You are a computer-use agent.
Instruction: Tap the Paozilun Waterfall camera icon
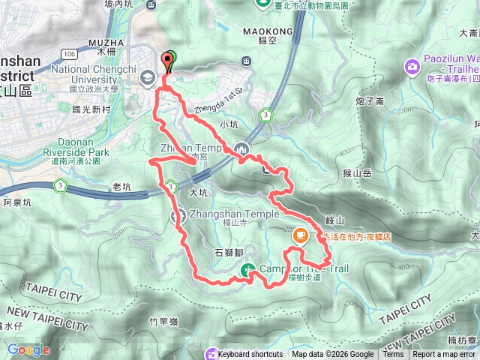tap(412, 68)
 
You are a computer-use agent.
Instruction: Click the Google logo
tap(28, 349)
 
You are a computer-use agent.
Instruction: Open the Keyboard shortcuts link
tap(250, 355)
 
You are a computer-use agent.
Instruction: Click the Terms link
tap(392, 355)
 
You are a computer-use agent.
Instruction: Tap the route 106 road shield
tap(70, 54)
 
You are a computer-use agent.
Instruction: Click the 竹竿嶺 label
tap(162, 321)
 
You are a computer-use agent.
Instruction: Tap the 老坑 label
tap(122, 185)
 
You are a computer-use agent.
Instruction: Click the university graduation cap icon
tap(147, 76)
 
